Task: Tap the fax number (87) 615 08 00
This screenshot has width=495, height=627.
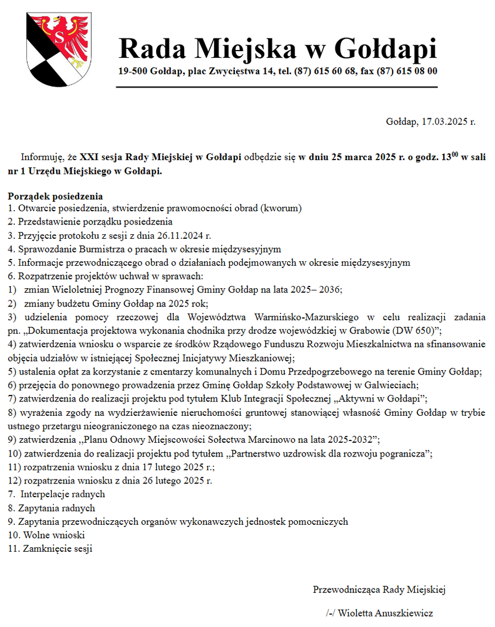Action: (x=408, y=71)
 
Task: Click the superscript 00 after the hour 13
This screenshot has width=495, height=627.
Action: (x=455, y=155)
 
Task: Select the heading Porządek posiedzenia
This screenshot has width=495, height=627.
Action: (x=56, y=196)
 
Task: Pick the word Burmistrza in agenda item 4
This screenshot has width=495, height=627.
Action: (x=87, y=249)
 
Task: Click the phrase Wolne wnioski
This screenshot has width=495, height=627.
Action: (x=54, y=535)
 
